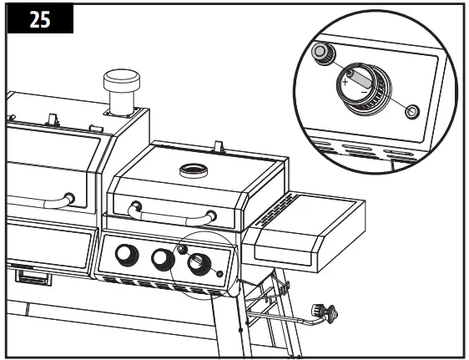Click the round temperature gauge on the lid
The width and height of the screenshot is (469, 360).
[194, 172]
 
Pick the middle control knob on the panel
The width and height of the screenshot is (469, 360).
[162, 260]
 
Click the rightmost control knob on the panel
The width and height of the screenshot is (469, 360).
[199, 265]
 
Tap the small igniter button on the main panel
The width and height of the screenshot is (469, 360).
[181, 250]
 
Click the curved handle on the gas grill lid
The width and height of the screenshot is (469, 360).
[174, 216]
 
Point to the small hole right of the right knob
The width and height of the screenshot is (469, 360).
[219, 274]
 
